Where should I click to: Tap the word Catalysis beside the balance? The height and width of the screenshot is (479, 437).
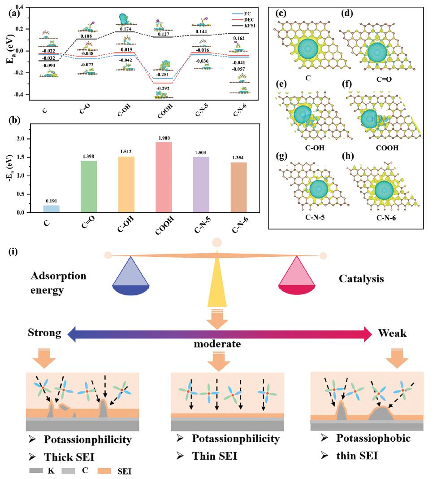(x=361, y=279)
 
